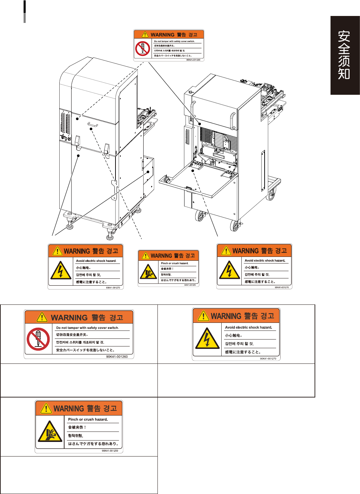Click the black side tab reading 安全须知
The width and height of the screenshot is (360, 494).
[x=345, y=55]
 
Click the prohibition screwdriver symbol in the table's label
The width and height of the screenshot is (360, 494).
[x=38, y=339]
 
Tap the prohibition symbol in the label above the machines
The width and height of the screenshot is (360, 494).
[x=143, y=48]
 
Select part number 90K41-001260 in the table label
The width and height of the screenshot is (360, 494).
[x=117, y=357]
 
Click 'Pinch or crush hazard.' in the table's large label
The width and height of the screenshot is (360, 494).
[x=88, y=419]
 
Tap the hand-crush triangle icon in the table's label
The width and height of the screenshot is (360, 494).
[x=50, y=432]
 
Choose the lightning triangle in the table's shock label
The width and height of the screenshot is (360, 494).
[x=207, y=338]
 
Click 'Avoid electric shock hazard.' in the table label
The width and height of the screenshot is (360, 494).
[x=248, y=327]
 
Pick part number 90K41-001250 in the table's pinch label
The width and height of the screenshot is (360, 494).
[x=110, y=451]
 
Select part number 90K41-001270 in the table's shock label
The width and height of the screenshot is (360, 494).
[x=268, y=359]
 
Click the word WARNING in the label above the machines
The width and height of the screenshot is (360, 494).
[x=163, y=35]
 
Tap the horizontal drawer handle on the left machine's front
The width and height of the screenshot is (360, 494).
[x=93, y=124]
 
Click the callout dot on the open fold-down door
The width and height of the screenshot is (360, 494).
[x=193, y=170]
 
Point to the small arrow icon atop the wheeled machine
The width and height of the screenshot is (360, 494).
[x=190, y=92]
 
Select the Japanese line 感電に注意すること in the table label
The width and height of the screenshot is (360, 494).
[x=243, y=352]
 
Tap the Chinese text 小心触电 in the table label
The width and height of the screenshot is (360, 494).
[x=233, y=336]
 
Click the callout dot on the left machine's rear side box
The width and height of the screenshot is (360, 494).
[x=148, y=171]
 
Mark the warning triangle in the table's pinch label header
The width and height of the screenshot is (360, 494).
[x=46, y=408]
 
